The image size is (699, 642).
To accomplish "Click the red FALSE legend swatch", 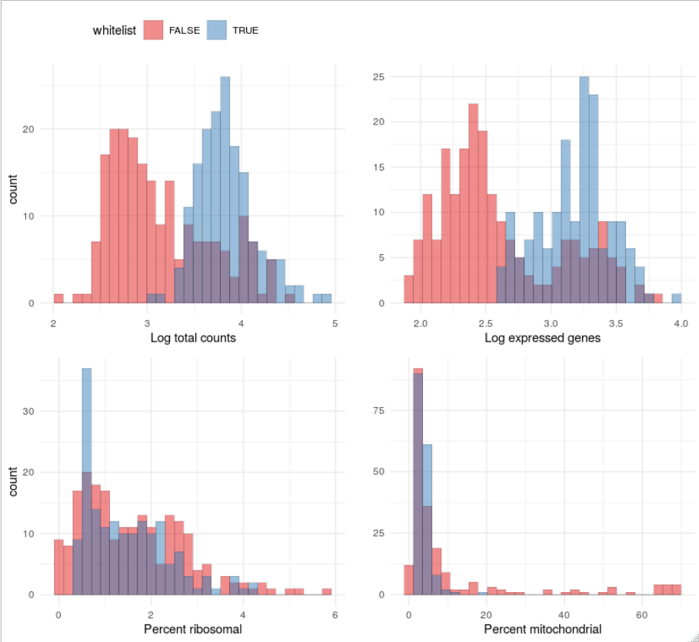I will (153, 31).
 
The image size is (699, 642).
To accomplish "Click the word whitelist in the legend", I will (115, 31).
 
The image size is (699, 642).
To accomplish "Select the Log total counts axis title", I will (193, 337).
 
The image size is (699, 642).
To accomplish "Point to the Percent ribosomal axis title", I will (193, 629).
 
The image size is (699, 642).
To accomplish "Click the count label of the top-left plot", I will (13, 188).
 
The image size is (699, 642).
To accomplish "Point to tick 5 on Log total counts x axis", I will (335, 323).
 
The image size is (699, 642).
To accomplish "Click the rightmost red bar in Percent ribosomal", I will (327, 591).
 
